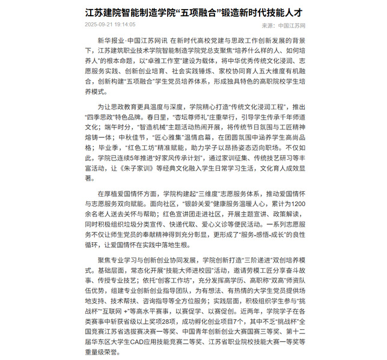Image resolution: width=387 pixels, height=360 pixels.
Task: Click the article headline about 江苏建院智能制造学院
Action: (193, 11)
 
